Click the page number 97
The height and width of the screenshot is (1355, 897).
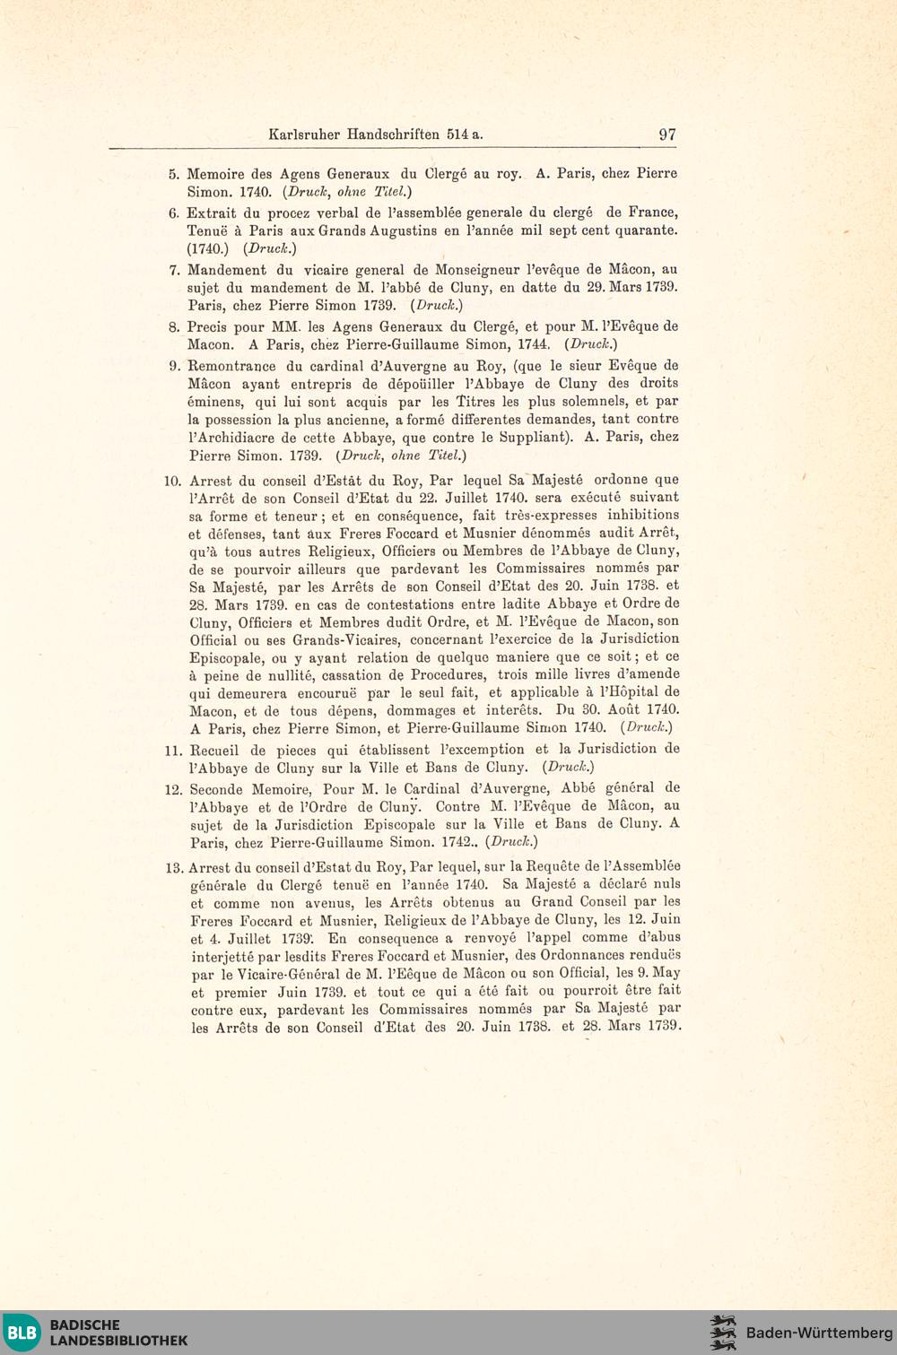pyautogui.click(x=667, y=135)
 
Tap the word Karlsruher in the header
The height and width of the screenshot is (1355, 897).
pyautogui.click(x=304, y=135)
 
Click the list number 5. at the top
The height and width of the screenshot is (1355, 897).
pyautogui.click(x=174, y=174)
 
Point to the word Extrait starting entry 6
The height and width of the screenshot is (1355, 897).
pyautogui.click(x=211, y=213)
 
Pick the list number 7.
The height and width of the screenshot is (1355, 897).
pyautogui.click(x=174, y=270)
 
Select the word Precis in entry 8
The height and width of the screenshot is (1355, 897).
pyautogui.click(x=207, y=327)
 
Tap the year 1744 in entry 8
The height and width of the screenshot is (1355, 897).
pyautogui.click(x=534, y=344)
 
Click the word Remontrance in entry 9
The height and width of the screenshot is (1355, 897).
pyautogui.click(x=231, y=366)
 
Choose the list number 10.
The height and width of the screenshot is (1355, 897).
pyautogui.click(x=172, y=481)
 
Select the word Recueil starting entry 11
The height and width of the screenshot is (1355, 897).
pyautogui.click(x=214, y=751)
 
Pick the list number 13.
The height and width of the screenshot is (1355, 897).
pyautogui.click(x=174, y=867)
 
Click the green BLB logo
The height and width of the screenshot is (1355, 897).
pyautogui.click(x=22, y=1332)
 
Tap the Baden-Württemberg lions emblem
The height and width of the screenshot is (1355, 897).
pyautogui.click(x=723, y=1333)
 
